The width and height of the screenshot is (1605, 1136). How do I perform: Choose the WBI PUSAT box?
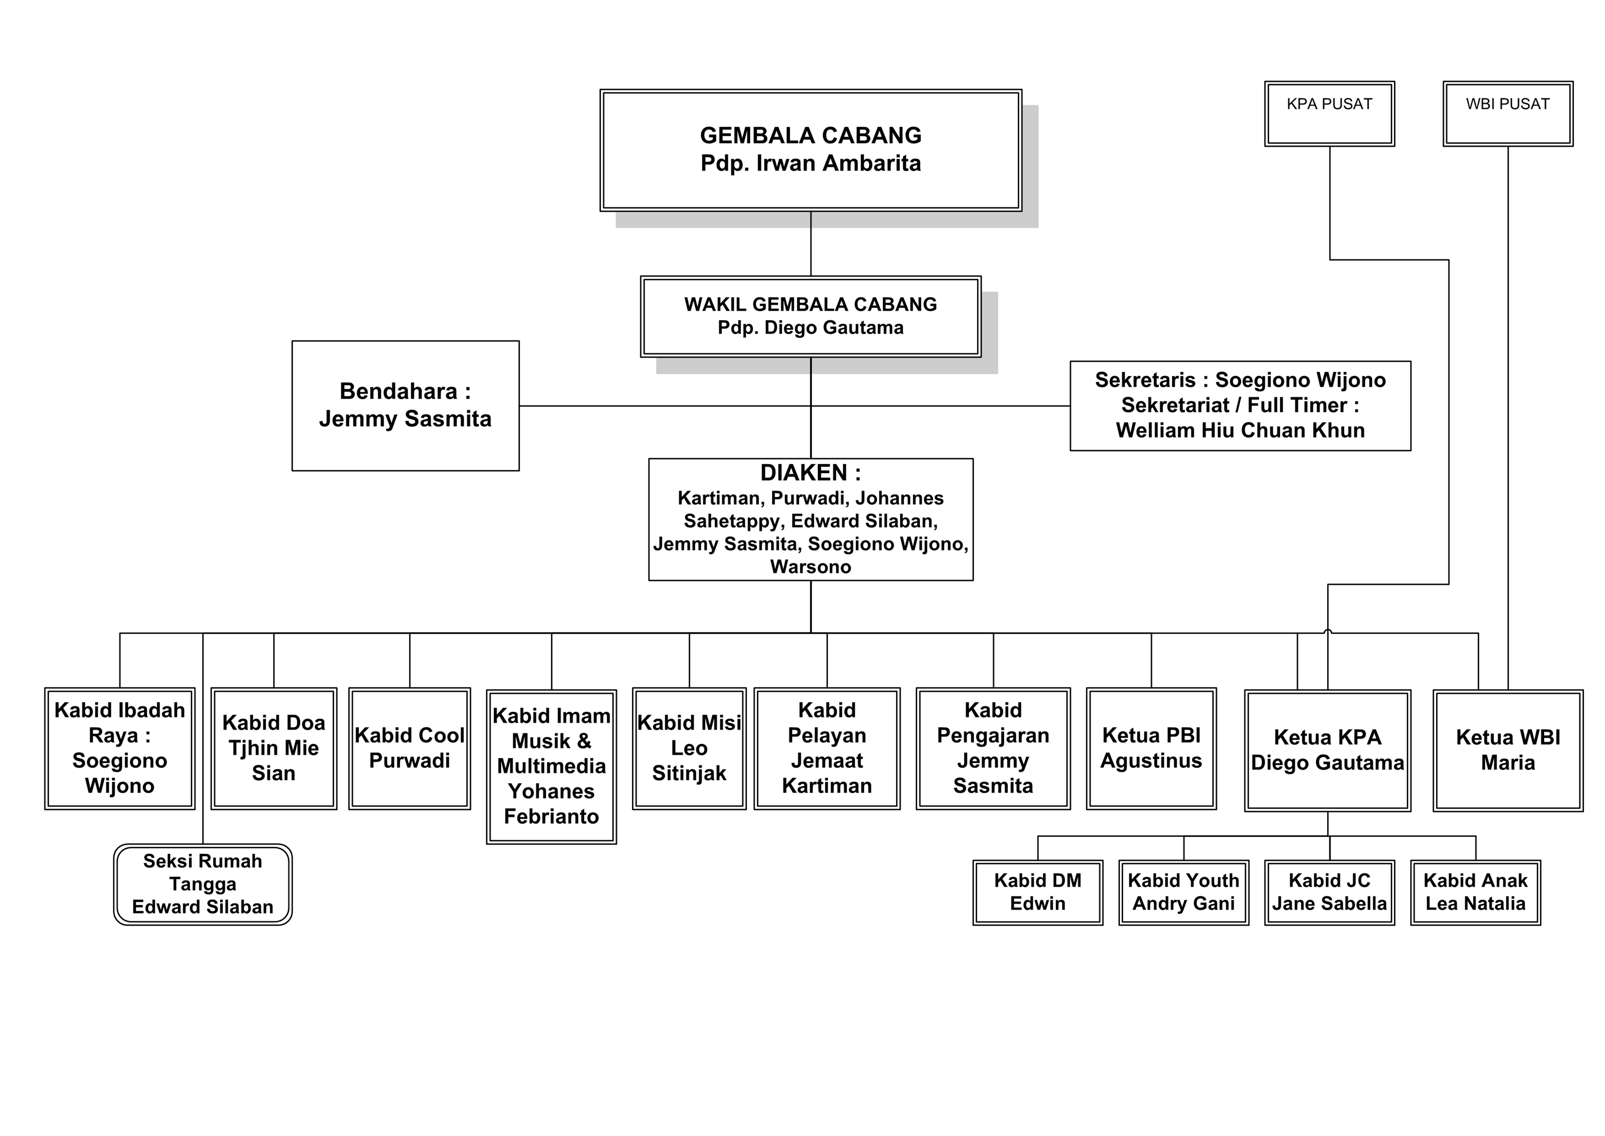pyautogui.click(x=1508, y=113)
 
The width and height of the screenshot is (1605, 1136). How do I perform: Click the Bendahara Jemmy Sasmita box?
pyautogui.click(x=405, y=406)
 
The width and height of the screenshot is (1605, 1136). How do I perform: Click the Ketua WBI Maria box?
pyautogui.click(x=1508, y=750)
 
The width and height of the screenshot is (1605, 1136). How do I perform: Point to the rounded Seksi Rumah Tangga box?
pyautogui.click(x=203, y=884)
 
